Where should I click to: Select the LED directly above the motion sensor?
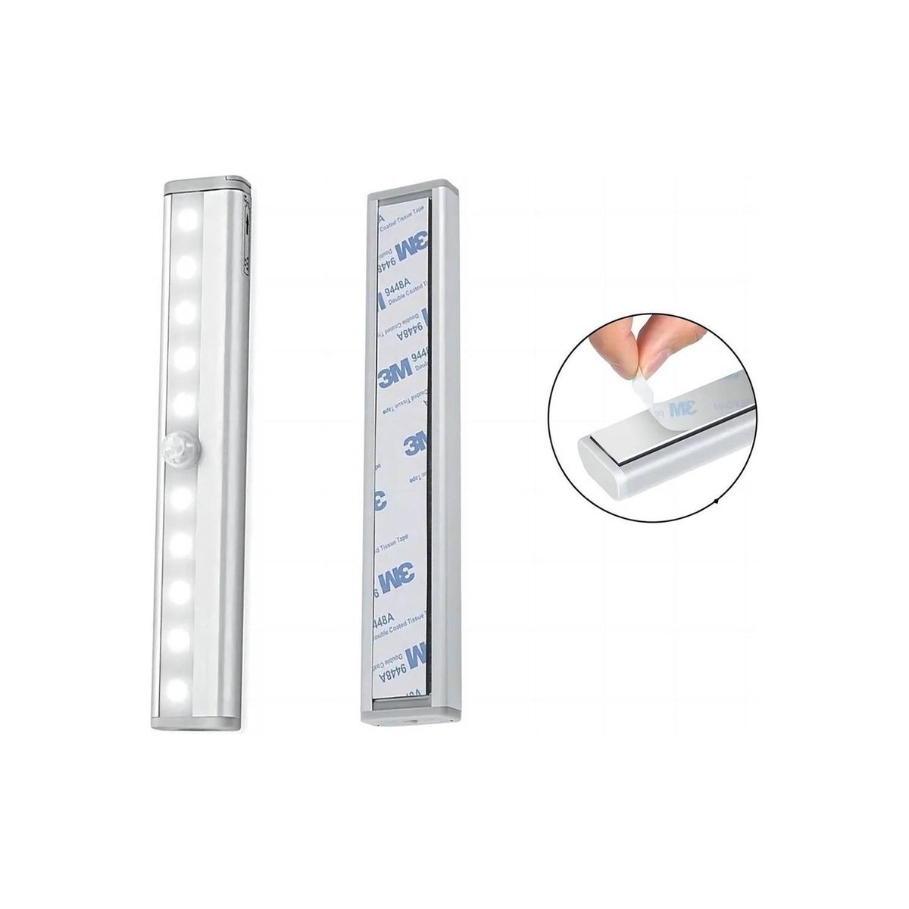click(x=186, y=402)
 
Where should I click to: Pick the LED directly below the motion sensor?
click(x=186, y=497)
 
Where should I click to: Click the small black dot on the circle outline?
click(x=717, y=502)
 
